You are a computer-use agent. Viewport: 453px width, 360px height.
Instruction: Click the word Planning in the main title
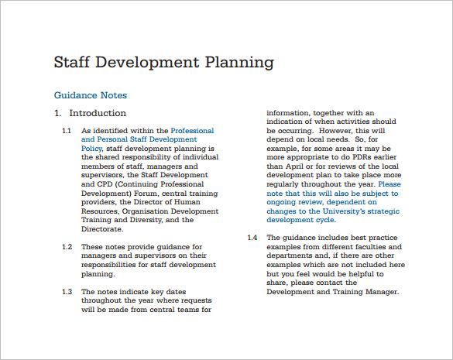click(237, 62)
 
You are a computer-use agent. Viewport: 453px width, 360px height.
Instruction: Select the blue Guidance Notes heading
click(90, 95)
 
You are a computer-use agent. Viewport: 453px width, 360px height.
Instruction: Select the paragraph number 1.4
click(252, 237)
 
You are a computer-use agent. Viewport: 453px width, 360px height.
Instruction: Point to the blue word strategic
click(383, 211)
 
